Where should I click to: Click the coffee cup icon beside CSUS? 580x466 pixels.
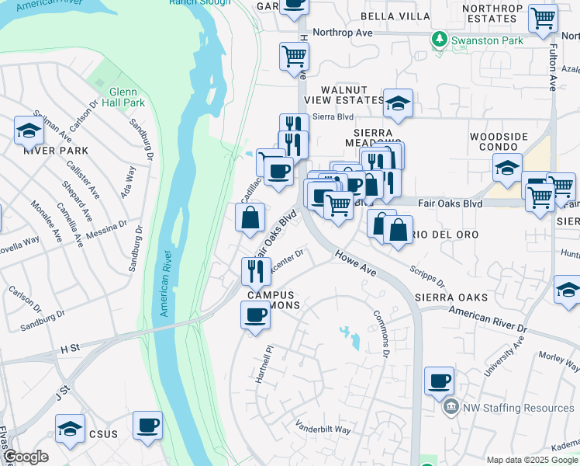tap(147, 426)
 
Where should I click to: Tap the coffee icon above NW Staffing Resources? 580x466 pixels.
tap(439, 381)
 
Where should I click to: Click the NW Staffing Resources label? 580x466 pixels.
tap(518, 408)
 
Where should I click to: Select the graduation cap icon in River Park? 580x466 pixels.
tap(29, 130)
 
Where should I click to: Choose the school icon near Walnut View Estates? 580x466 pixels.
tap(398, 103)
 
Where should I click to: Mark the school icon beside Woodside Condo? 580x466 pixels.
tap(506, 167)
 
